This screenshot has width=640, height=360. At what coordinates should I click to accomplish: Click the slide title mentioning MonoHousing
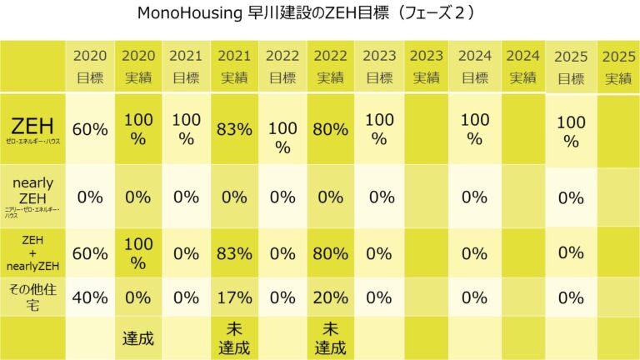(320, 14)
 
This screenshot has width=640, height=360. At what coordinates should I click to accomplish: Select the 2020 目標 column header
(90, 67)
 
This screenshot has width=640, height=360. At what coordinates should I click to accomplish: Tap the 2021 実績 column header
(235, 67)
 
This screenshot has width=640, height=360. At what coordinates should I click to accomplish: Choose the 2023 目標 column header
(379, 67)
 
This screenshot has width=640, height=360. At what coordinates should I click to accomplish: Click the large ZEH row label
(32, 129)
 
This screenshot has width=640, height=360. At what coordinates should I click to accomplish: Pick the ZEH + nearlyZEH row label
(32, 252)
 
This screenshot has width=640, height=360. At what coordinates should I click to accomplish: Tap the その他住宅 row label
(32, 297)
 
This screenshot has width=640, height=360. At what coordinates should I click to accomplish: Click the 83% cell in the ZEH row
(235, 129)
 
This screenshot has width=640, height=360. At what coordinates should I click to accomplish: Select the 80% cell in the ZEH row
(331, 129)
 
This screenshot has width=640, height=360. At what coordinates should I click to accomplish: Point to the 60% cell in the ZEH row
(90, 129)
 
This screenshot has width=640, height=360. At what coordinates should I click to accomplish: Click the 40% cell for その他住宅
(90, 297)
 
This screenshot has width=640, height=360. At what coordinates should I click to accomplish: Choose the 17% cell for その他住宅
(235, 297)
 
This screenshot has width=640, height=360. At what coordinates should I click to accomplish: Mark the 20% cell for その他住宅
(331, 297)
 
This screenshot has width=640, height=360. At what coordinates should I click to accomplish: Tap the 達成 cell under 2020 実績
(138, 338)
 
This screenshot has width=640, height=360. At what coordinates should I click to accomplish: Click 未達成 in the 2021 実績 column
(235, 338)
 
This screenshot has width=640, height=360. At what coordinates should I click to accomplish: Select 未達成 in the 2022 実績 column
(331, 338)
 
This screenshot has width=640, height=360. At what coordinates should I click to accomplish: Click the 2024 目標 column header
(475, 67)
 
